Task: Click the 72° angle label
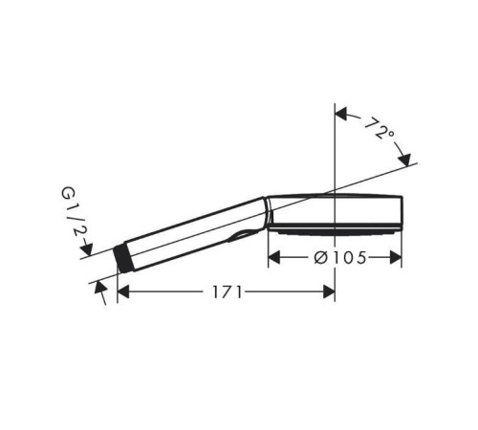click(380, 128)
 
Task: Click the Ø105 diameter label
click(340, 258)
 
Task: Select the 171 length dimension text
click(227, 291)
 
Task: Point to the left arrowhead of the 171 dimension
click(123, 291)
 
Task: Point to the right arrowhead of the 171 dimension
click(329, 291)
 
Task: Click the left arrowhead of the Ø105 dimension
click(274, 257)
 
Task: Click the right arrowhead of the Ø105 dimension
click(396, 257)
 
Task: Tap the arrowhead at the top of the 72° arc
click(340, 114)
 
